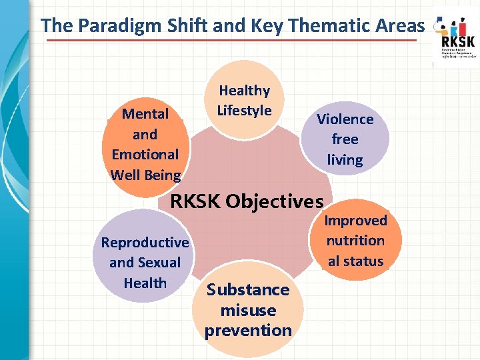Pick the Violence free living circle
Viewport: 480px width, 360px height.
click(x=345, y=139)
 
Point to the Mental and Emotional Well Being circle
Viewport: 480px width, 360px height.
click(x=145, y=143)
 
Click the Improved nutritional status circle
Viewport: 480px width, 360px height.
click(x=355, y=240)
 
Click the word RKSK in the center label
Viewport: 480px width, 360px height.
click(x=197, y=201)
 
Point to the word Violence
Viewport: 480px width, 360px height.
click(x=345, y=119)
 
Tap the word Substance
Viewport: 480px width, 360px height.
click(x=248, y=290)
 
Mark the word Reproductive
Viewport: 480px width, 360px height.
click(x=145, y=243)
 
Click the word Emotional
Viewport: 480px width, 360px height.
click(x=145, y=155)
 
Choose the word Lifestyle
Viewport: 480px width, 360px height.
click(x=244, y=111)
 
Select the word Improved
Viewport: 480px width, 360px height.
click(x=355, y=221)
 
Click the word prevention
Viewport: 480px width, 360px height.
click(x=248, y=331)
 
